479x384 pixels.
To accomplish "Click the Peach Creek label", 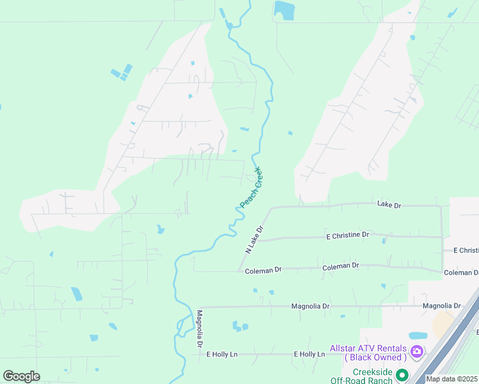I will tap(252, 187).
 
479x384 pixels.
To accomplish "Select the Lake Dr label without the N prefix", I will tap(389, 205).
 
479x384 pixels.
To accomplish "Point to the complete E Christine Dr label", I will tap(348, 236).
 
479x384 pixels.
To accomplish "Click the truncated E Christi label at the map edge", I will tap(466, 250).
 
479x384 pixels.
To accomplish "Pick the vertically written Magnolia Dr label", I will tap(200, 329).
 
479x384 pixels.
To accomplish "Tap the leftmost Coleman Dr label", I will tap(263, 271).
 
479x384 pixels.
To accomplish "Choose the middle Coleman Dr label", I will tap(341, 266).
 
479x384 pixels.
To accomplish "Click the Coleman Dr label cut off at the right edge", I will tap(461, 273).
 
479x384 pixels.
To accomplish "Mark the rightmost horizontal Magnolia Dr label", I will tap(442, 306).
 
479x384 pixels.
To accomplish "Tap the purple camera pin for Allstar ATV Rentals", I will tap(417, 351).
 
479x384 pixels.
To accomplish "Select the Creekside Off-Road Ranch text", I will tap(362, 376).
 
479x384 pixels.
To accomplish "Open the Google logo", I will tap(21, 376).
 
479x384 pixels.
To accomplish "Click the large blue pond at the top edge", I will tap(283, 9).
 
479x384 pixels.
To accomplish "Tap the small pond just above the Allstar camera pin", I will tap(418, 335).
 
